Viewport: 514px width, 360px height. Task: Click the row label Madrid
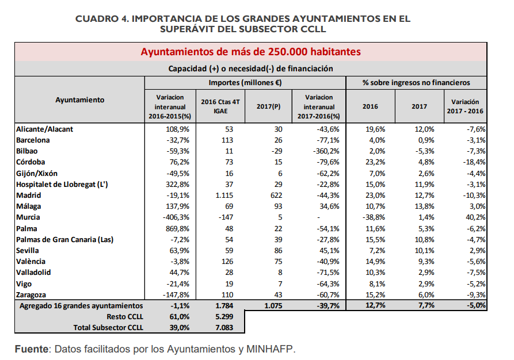pyautogui.click(x=29, y=195)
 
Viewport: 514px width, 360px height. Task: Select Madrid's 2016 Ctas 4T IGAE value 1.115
pyautogui.click(x=224, y=195)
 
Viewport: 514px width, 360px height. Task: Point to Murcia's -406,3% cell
pyautogui.click(x=176, y=217)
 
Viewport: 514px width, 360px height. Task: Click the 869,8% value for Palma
pyautogui.click(x=177, y=229)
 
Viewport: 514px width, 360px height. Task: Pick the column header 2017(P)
pyautogui.click(x=268, y=106)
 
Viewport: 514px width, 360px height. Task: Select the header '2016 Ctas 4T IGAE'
pyautogui.click(x=220, y=106)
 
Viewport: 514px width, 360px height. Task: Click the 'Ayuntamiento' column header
pyautogui.click(x=79, y=100)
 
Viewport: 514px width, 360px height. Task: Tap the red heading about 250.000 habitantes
pyautogui.click(x=251, y=52)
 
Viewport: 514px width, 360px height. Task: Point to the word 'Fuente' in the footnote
pyautogui.click(x=32, y=349)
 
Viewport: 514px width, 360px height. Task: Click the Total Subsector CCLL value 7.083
pyautogui.click(x=224, y=328)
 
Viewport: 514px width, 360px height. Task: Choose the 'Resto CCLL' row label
pyautogui.click(x=125, y=317)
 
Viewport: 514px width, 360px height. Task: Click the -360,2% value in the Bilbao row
pyautogui.click(x=326, y=151)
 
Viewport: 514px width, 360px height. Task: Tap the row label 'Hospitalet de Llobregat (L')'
pyautogui.click(x=62, y=185)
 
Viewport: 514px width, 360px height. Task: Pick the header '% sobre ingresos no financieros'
pyautogui.click(x=416, y=83)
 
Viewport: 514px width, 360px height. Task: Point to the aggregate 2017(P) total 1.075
pyautogui.click(x=273, y=305)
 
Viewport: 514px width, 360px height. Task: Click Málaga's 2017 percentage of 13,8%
pyautogui.click(x=424, y=206)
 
